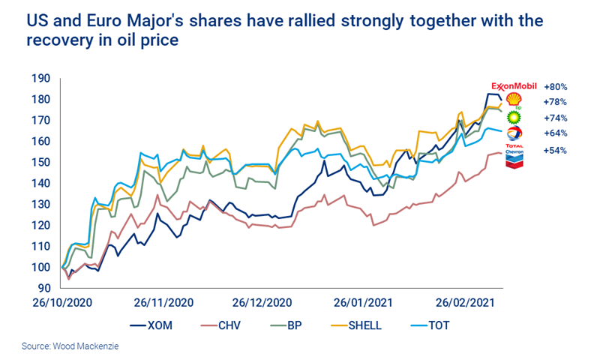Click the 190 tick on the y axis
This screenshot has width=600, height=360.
click(40, 78)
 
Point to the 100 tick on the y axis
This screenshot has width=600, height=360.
click(40, 267)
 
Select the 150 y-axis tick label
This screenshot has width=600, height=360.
click(40, 162)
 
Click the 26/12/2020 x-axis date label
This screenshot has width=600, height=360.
click(262, 303)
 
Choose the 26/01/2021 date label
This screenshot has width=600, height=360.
click(364, 303)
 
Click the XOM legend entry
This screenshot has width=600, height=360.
click(160, 325)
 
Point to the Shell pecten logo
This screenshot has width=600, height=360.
click(514, 100)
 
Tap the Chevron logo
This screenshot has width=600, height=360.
click(514, 157)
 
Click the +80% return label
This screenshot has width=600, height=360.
click(555, 86)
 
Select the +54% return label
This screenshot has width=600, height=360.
click(555, 151)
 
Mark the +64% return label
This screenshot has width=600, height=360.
click(555, 133)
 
